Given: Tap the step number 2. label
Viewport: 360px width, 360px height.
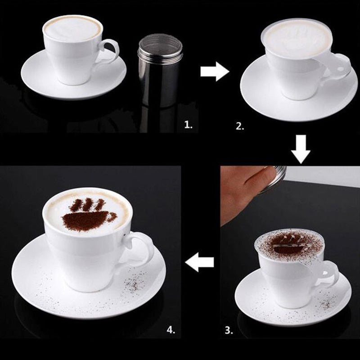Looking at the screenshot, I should [240, 126].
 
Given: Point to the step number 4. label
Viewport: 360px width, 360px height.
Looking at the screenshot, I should [171, 330].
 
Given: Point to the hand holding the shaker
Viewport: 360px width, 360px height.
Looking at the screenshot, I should [243, 189].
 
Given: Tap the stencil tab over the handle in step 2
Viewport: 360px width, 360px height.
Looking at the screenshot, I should [338, 65].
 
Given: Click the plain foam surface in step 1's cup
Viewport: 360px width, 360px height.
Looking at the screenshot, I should [72, 29].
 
